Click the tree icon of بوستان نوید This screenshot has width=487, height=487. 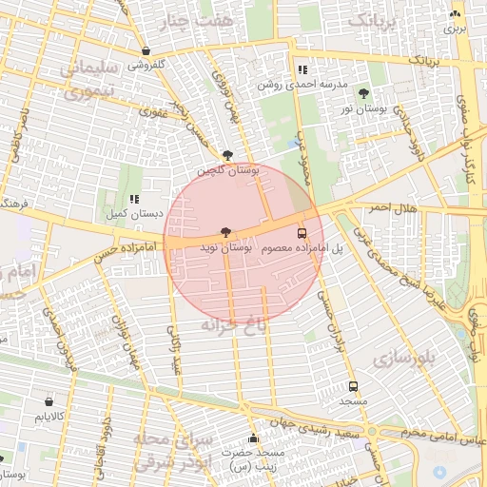point(225,232)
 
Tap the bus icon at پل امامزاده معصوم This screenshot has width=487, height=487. point(302,233)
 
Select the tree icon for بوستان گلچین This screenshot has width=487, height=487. point(226,155)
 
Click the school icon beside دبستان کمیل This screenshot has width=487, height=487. point(135,200)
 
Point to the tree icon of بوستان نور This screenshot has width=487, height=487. point(364,93)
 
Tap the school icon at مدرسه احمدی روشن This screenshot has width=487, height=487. point(302,69)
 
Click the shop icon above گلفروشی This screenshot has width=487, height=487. point(146,51)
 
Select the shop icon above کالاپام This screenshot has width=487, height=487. point(49,402)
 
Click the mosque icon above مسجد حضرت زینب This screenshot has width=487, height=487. point(253,438)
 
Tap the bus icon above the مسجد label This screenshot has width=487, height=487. point(354,387)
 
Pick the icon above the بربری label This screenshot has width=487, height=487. point(456,14)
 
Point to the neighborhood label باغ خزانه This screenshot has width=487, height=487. point(228,325)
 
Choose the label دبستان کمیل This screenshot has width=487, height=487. point(105,214)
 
